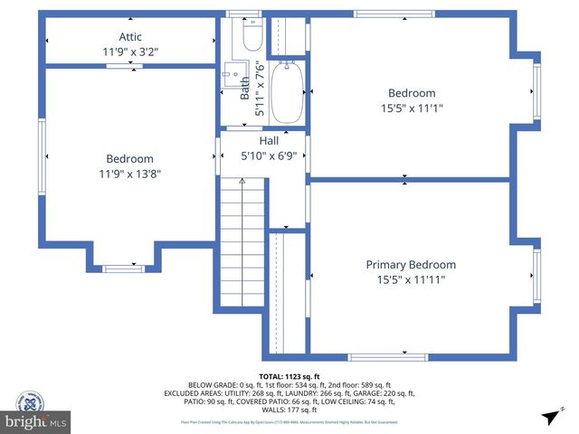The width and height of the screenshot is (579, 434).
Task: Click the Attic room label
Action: click(x=130, y=37)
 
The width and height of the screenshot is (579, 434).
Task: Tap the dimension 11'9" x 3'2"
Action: click(x=130, y=52)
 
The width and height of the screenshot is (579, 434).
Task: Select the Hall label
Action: click(x=269, y=141)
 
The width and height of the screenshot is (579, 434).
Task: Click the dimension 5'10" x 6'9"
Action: click(x=269, y=156)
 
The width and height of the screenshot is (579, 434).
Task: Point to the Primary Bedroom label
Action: click(x=411, y=265)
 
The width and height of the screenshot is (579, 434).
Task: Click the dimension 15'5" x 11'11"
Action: click(x=411, y=280)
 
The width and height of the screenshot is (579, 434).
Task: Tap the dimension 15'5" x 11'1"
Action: click(x=412, y=108)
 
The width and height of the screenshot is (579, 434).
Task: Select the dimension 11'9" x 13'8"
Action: click(x=130, y=174)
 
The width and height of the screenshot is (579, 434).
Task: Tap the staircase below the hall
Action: click(x=242, y=244)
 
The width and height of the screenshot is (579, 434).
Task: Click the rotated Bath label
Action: click(x=245, y=88)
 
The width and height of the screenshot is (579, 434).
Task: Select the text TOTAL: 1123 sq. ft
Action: click(x=289, y=377)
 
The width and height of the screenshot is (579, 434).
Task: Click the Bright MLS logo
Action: click(x=36, y=421)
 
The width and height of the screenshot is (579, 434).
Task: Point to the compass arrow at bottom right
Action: click(x=550, y=417)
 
